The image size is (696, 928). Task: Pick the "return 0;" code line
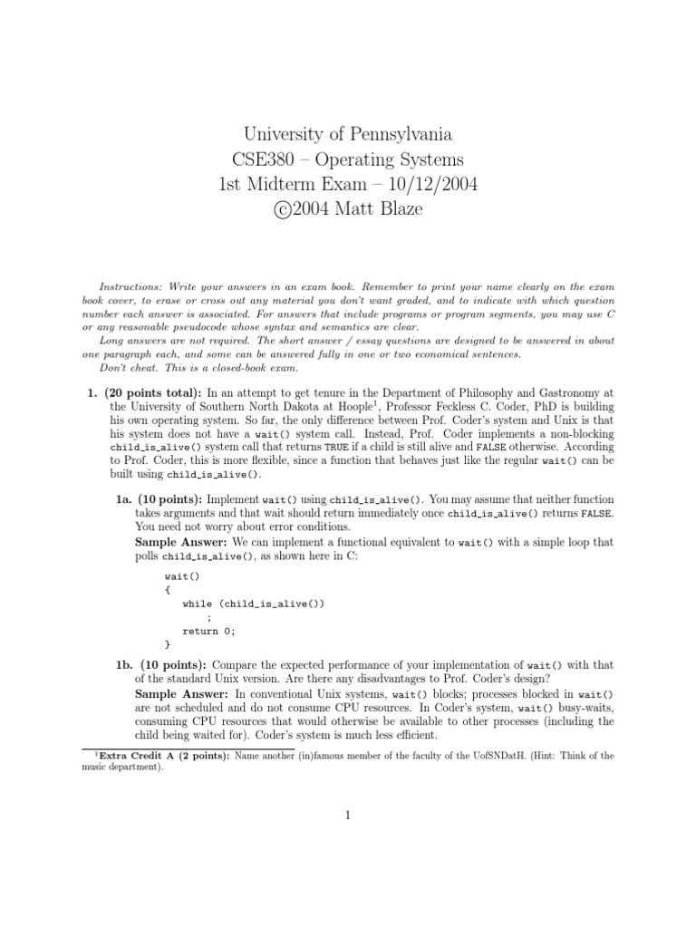[x=208, y=631]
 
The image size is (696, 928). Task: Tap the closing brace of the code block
[x=167, y=644]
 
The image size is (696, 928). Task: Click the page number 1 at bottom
[x=347, y=815]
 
